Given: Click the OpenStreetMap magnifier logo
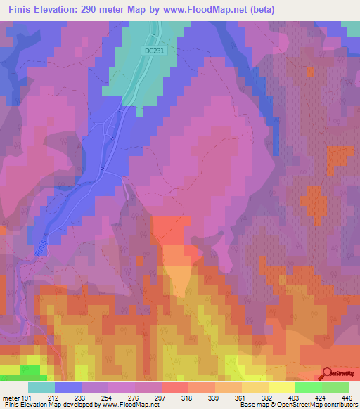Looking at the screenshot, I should (328, 373).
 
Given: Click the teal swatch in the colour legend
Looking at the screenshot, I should (41, 387).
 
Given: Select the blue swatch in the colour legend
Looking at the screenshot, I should (68, 387).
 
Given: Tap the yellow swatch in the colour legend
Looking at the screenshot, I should (281, 387).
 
